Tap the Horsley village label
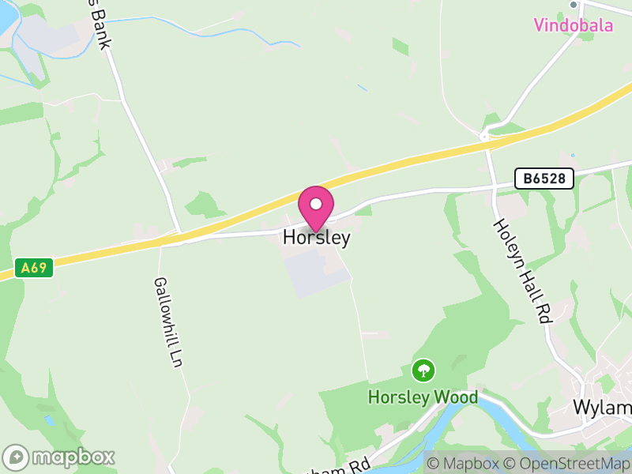tap(316, 237)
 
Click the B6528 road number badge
tap(544, 179)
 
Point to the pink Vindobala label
tap(573, 25)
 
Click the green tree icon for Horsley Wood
tap(423, 370)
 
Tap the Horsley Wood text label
tap(423, 397)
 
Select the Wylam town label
tap(602, 408)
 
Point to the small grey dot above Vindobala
tap(574, 5)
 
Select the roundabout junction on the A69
tap(486, 137)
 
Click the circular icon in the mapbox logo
tap(17, 457)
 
